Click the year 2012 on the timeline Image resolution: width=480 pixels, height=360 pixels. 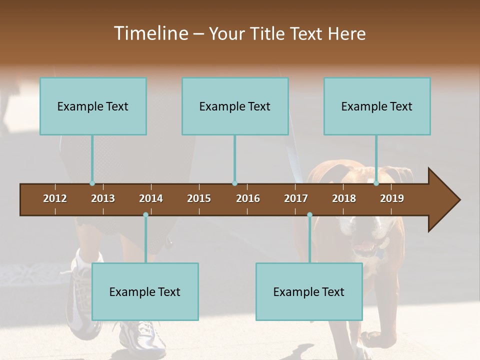point(55,198)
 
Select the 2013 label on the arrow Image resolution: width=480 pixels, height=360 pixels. point(103,198)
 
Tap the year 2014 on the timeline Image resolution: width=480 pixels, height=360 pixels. point(151,198)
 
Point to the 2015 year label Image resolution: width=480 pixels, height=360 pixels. point(199,198)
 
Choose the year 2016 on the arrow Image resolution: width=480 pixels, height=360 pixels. point(248,198)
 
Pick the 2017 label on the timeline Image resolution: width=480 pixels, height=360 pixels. point(296,198)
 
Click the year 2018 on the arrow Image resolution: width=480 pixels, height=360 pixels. point(344,198)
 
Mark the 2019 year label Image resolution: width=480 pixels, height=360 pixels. point(392,198)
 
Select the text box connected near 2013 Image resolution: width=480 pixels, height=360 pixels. point(93,106)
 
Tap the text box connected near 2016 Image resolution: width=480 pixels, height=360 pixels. point(235,106)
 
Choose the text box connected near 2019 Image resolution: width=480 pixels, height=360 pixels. point(377,106)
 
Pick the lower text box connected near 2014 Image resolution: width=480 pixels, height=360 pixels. point(145,291)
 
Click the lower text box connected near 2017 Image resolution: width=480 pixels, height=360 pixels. point(309,291)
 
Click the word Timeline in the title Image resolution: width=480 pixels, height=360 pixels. point(150,33)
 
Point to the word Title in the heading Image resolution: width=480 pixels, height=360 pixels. point(269,33)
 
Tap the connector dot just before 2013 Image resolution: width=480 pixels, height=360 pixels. point(92,183)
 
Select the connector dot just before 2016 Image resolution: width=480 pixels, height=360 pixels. point(234,183)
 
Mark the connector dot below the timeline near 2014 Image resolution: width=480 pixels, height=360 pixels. point(145,215)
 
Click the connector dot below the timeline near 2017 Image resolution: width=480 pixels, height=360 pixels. point(309,215)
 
